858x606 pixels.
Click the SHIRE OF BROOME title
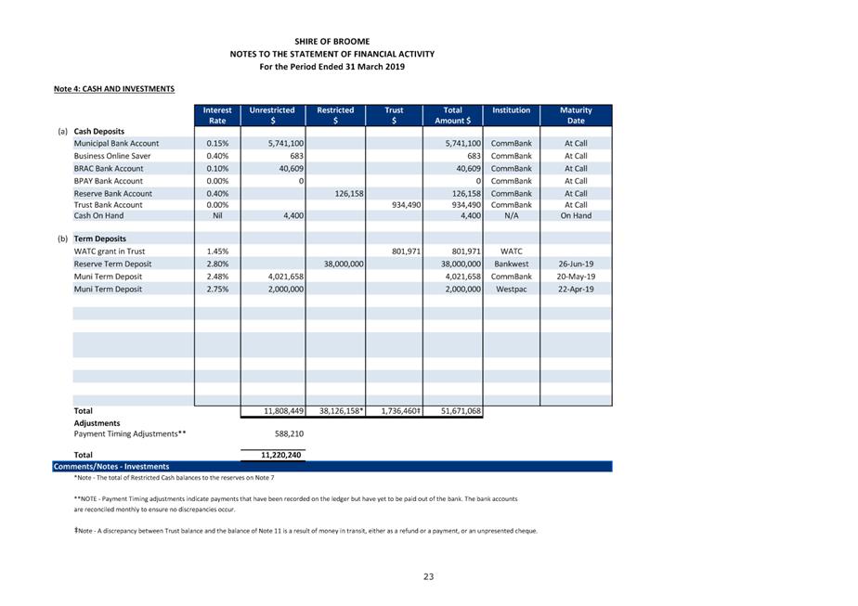[x=331, y=42]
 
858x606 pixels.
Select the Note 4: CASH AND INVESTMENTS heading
[x=114, y=89]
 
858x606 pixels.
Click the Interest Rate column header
[x=217, y=115]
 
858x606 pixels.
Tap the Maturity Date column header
[x=576, y=115]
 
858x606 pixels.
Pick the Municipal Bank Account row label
[x=116, y=144]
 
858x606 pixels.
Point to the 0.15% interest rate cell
[x=217, y=144]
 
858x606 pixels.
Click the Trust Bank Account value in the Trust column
[x=402, y=205]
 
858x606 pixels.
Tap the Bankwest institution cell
[x=511, y=264]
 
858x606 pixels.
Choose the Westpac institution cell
[x=511, y=290]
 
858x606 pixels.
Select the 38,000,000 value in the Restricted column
[x=342, y=264]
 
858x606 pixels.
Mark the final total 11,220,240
[x=281, y=456]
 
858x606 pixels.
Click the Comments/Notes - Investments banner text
[x=111, y=467]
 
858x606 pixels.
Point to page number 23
[x=429, y=577]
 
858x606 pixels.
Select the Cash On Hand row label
[x=98, y=215]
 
